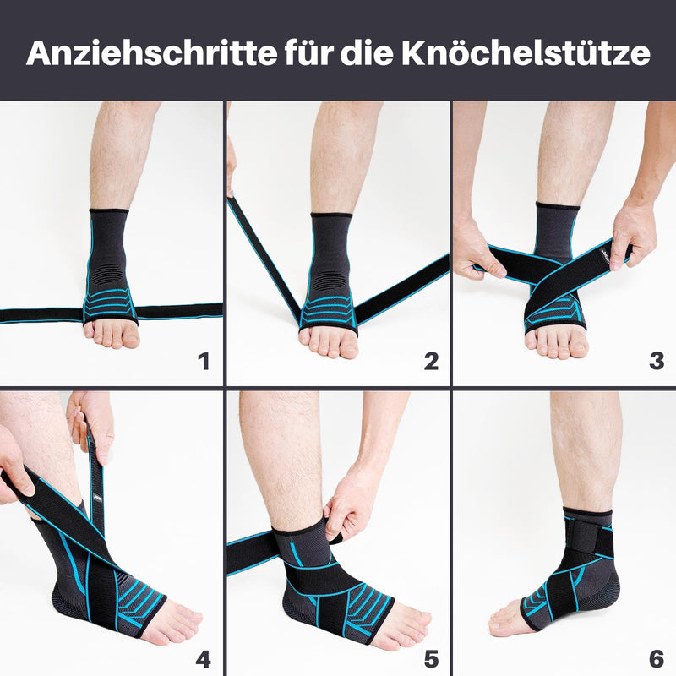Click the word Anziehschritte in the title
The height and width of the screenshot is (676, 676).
pyautogui.click(x=147, y=52)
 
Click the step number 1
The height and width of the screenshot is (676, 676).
pyautogui.click(x=203, y=362)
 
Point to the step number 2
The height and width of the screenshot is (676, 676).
pyautogui.click(x=430, y=362)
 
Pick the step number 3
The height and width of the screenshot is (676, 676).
pyautogui.click(x=657, y=362)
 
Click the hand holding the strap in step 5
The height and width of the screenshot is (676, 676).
pyautogui.click(x=351, y=507)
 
